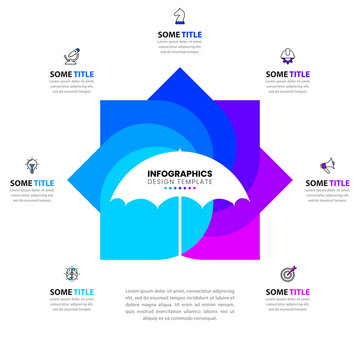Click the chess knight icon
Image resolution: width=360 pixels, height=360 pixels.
pyautogui.click(x=180, y=15)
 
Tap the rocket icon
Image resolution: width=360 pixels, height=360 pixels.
pyautogui.click(x=72, y=55)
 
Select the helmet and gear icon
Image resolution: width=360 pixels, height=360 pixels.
pyautogui.click(x=288, y=55)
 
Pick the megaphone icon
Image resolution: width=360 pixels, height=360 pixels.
pyautogui.click(x=327, y=164)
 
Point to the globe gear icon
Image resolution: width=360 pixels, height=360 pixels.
pyautogui.click(x=72, y=273)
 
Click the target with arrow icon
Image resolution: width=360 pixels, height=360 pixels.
pyautogui.click(x=288, y=273)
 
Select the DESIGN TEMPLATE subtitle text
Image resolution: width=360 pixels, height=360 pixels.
pyautogui.click(x=180, y=182)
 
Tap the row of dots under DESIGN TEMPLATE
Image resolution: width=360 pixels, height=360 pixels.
pyautogui.click(x=180, y=189)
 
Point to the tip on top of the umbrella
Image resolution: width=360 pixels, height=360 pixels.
pyautogui.click(x=180, y=152)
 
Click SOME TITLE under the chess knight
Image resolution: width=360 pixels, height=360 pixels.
pyautogui.click(x=180, y=34)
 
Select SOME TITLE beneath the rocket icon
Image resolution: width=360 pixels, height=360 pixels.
pyautogui.click(x=72, y=74)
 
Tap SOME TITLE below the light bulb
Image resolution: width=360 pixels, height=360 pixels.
pyautogui.click(x=32, y=183)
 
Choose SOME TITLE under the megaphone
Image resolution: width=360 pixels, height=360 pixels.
pyautogui.click(x=327, y=183)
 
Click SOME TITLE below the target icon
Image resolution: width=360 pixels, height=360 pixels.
pyautogui.click(x=288, y=292)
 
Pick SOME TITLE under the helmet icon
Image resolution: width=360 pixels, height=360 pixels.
pyautogui.click(x=288, y=74)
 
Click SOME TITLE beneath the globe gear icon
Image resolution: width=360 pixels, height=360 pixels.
pyautogui.click(x=72, y=292)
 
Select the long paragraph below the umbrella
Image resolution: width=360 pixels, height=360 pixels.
pyautogui.click(x=180, y=305)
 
